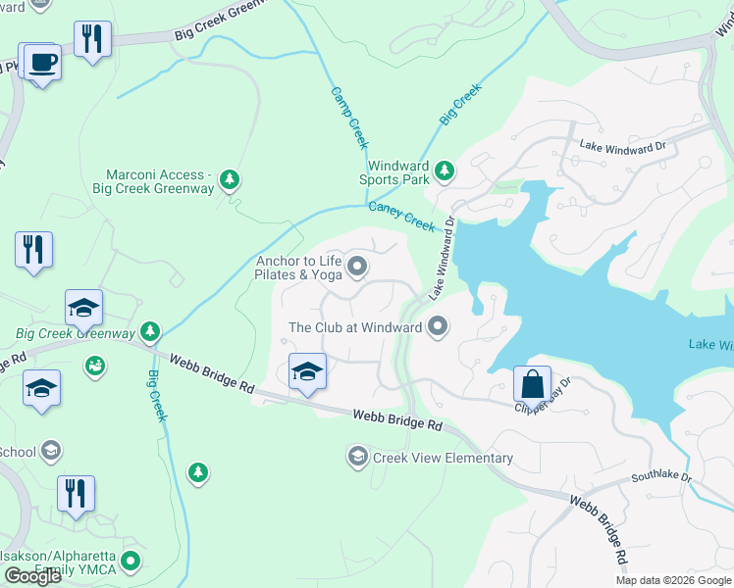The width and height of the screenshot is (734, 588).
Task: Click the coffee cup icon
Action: coord(41,63)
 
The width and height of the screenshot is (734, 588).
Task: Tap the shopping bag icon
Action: coord(532,383)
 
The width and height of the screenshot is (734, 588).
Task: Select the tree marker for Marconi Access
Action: coord(230,179)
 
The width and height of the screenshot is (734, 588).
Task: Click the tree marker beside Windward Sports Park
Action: coord(445,171)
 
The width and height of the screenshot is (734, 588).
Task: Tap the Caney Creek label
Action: coord(401,217)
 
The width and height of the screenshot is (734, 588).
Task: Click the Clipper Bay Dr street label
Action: coord(544,394)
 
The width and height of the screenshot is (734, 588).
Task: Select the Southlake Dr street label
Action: coord(661,478)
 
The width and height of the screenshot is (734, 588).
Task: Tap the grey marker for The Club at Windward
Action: coord(438,326)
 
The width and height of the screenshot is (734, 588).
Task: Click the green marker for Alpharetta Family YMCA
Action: coord(131,562)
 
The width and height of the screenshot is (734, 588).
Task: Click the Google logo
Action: coord(32,576)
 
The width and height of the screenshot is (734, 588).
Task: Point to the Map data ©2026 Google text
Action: coord(673,580)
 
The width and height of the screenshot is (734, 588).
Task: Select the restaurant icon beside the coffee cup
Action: coord(92,39)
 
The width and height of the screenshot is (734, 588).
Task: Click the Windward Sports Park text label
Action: coord(397,172)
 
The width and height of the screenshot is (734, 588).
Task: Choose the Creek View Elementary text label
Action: coord(443,458)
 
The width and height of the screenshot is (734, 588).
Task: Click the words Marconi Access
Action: coord(159,174)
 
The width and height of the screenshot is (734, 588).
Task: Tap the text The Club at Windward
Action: coord(355,327)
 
